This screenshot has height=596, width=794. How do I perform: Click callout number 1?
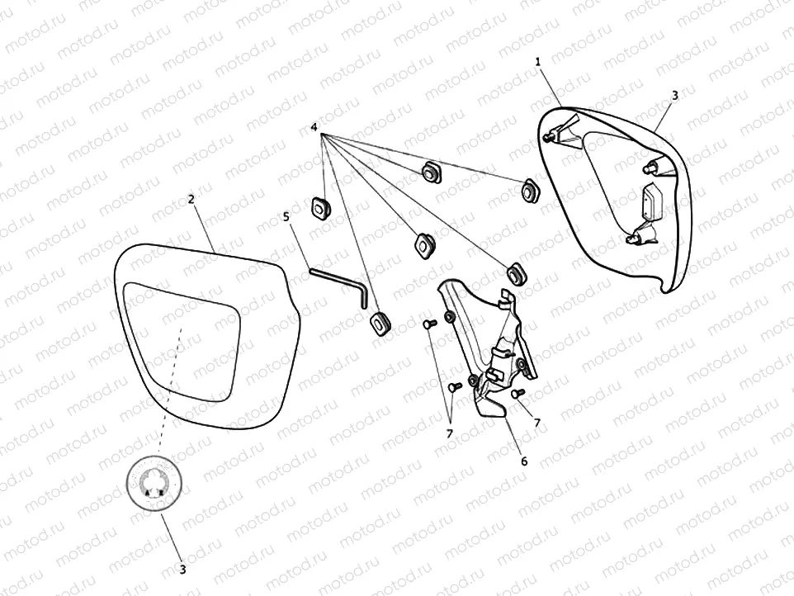tap(537, 62)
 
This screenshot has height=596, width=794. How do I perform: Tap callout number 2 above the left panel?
tap(191, 200)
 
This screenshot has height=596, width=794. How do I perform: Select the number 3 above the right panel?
tap(674, 96)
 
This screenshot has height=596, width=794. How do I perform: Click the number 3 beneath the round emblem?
tap(182, 569)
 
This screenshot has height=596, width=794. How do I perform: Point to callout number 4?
tap(314, 127)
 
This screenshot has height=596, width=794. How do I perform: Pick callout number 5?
tap(286, 217)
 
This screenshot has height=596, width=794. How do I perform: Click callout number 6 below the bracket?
tap(523, 461)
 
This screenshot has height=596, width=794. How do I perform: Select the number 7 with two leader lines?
tap(450, 433)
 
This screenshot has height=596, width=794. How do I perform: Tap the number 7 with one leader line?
tap(537, 423)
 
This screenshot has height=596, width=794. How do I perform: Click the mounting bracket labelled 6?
tap(487, 347)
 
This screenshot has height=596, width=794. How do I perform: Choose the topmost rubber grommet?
tap(429, 173)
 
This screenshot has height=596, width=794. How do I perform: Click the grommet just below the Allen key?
tap(380, 323)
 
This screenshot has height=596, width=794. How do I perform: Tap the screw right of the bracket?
tap(516, 394)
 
